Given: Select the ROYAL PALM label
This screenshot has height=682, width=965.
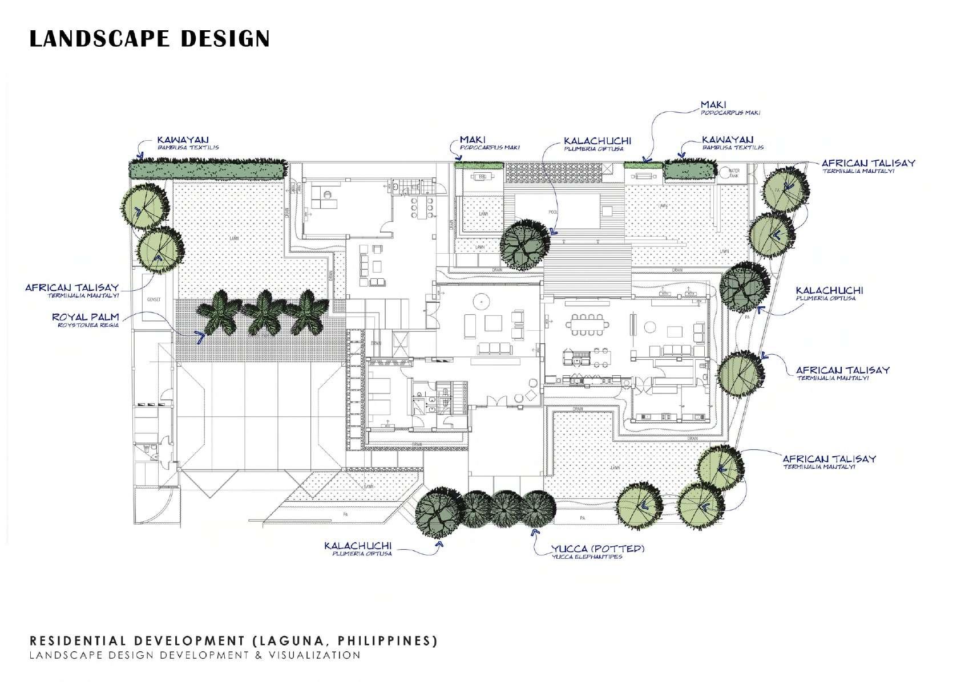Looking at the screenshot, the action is click(x=86, y=317).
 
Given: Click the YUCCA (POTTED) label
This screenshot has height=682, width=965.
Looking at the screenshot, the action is click(x=597, y=549).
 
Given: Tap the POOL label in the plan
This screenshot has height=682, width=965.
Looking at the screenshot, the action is click(x=552, y=212).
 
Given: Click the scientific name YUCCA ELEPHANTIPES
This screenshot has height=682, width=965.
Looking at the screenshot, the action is click(x=587, y=557).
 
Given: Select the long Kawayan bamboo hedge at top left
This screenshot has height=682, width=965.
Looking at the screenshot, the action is click(x=207, y=169).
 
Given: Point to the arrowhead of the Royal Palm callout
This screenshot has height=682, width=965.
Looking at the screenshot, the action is click(x=200, y=337).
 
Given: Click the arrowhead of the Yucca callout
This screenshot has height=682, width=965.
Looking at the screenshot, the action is click(x=534, y=531).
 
